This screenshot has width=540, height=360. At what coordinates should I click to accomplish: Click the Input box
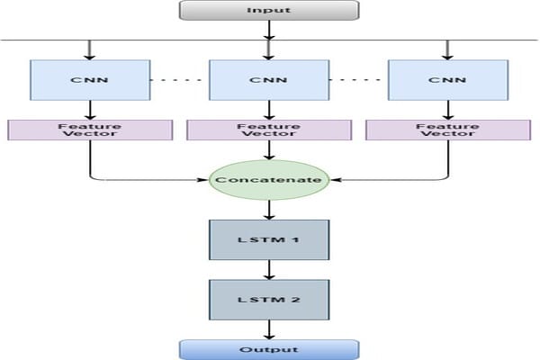(x=269, y=10)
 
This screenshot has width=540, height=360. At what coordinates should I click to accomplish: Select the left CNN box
(x=89, y=79)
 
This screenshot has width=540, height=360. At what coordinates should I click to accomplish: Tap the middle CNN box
(x=269, y=79)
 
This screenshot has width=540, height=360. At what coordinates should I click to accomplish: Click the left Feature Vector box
(x=89, y=130)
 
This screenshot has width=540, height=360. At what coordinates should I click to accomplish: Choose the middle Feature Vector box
(x=269, y=130)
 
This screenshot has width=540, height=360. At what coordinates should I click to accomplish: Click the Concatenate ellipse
(x=269, y=180)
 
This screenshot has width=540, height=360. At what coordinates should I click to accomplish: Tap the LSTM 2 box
(x=269, y=299)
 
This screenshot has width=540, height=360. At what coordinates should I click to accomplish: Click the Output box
(x=269, y=349)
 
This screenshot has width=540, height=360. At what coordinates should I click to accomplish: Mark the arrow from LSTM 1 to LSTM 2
(x=269, y=269)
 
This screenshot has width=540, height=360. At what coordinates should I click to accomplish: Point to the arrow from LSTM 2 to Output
(x=269, y=329)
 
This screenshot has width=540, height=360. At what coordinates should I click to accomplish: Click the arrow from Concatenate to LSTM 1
(x=269, y=209)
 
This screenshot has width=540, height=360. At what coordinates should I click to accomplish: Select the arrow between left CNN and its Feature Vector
(x=89, y=109)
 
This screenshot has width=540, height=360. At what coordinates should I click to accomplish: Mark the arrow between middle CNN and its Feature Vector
(x=269, y=109)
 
